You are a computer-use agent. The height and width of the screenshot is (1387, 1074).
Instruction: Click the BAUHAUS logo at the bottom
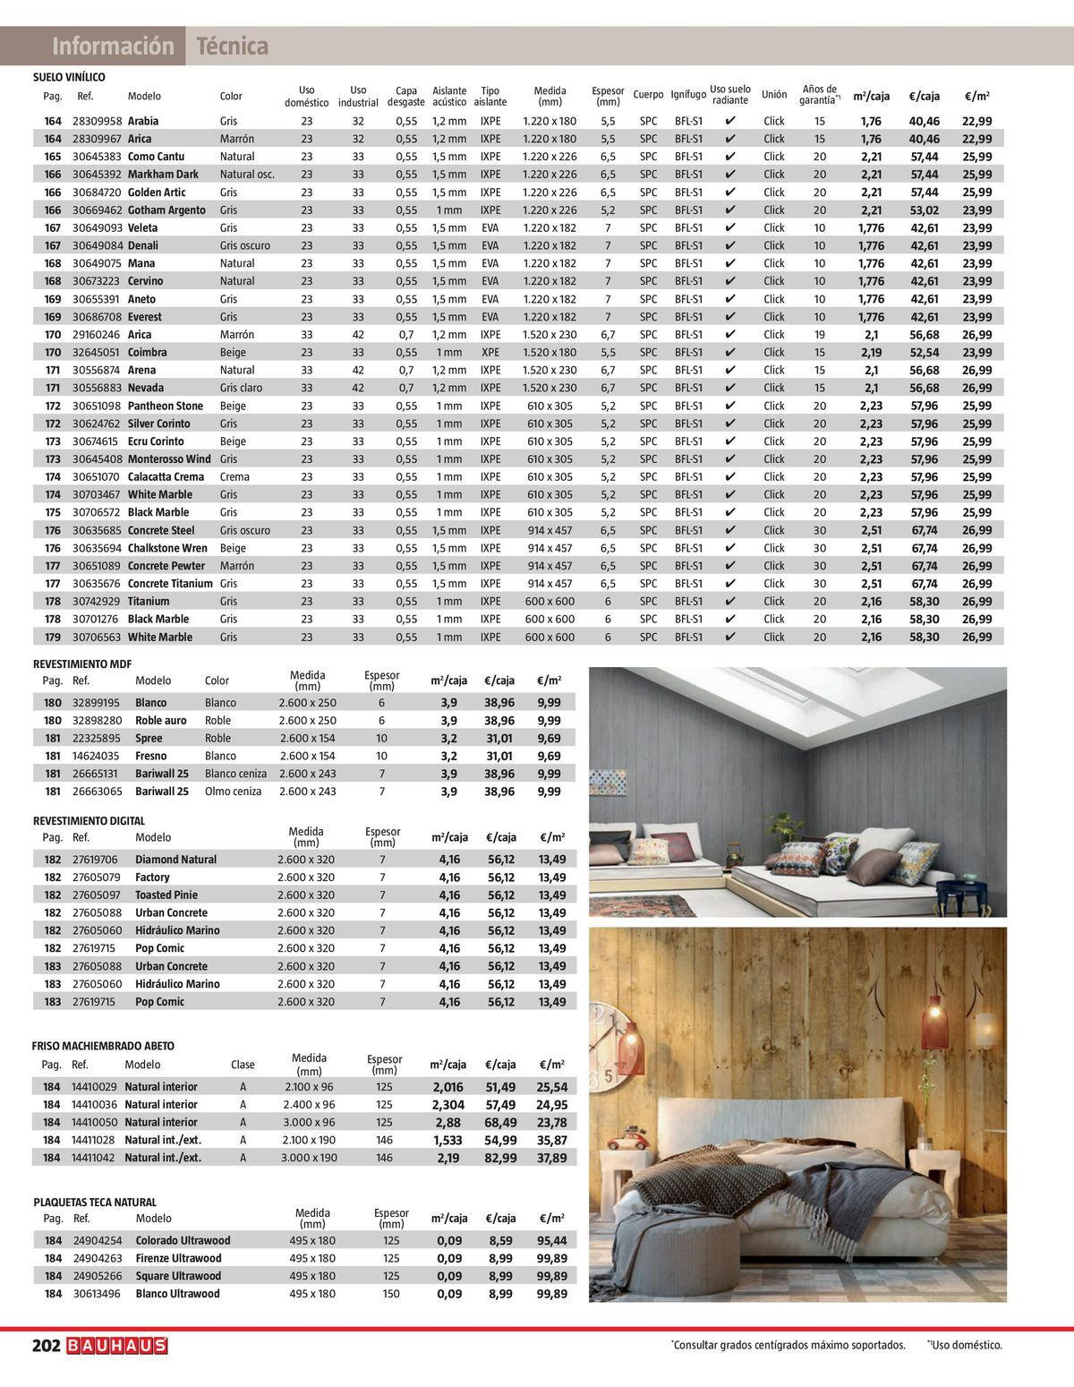tap(116, 1346)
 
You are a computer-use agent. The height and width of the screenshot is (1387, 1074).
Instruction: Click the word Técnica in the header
tap(232, 46)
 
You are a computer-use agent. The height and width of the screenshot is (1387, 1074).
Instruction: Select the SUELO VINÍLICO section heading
tap(69, 78)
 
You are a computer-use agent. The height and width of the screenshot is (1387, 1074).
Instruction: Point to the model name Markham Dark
tap(163, 175)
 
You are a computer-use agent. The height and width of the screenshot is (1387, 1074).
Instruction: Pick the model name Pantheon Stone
tap(166, 406)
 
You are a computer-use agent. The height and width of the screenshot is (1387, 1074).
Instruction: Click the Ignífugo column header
tap(688, 95)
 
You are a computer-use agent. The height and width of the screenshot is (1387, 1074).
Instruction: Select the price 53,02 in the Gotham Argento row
tap(925, 210)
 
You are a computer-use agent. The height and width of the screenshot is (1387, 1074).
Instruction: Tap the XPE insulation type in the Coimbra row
tap(490, 353)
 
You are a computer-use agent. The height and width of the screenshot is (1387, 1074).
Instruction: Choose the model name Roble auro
tap(161, 721)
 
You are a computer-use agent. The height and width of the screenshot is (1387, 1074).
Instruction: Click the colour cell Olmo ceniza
tap(232, 792)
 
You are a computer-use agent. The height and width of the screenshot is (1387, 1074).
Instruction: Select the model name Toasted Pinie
tap(166, 895)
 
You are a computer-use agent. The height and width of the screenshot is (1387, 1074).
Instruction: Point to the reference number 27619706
tap(94, 860)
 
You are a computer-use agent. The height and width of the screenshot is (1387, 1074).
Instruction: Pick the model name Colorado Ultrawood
tap(183, 1241)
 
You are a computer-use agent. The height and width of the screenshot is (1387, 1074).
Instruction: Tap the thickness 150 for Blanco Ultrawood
tap(391, 1294)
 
